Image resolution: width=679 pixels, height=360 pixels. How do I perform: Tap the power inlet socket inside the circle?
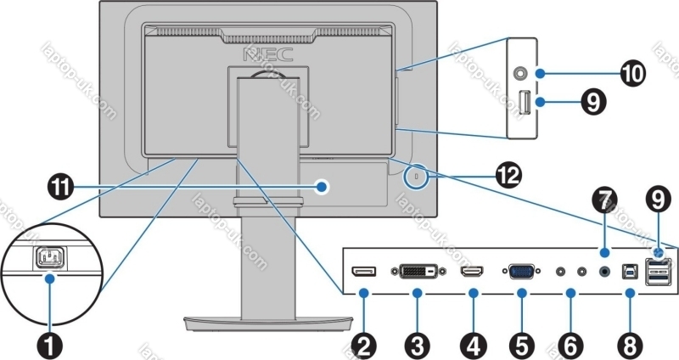[50, 257]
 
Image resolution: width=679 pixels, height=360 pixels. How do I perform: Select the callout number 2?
[365, 345]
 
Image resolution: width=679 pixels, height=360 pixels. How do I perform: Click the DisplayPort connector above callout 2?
[363, 272]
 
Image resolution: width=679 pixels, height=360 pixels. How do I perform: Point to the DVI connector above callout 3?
[418, 273]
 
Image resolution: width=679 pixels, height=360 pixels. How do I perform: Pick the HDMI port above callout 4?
[471, 273]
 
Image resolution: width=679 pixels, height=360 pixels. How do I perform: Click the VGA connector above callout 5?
[522, 273]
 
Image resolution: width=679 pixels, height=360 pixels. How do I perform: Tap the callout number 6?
[570, 345]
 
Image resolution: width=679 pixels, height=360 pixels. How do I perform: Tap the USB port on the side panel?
[525, 104]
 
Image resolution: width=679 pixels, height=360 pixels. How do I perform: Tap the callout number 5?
[521, 345]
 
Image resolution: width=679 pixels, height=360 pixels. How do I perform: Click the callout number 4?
[471, 345]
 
